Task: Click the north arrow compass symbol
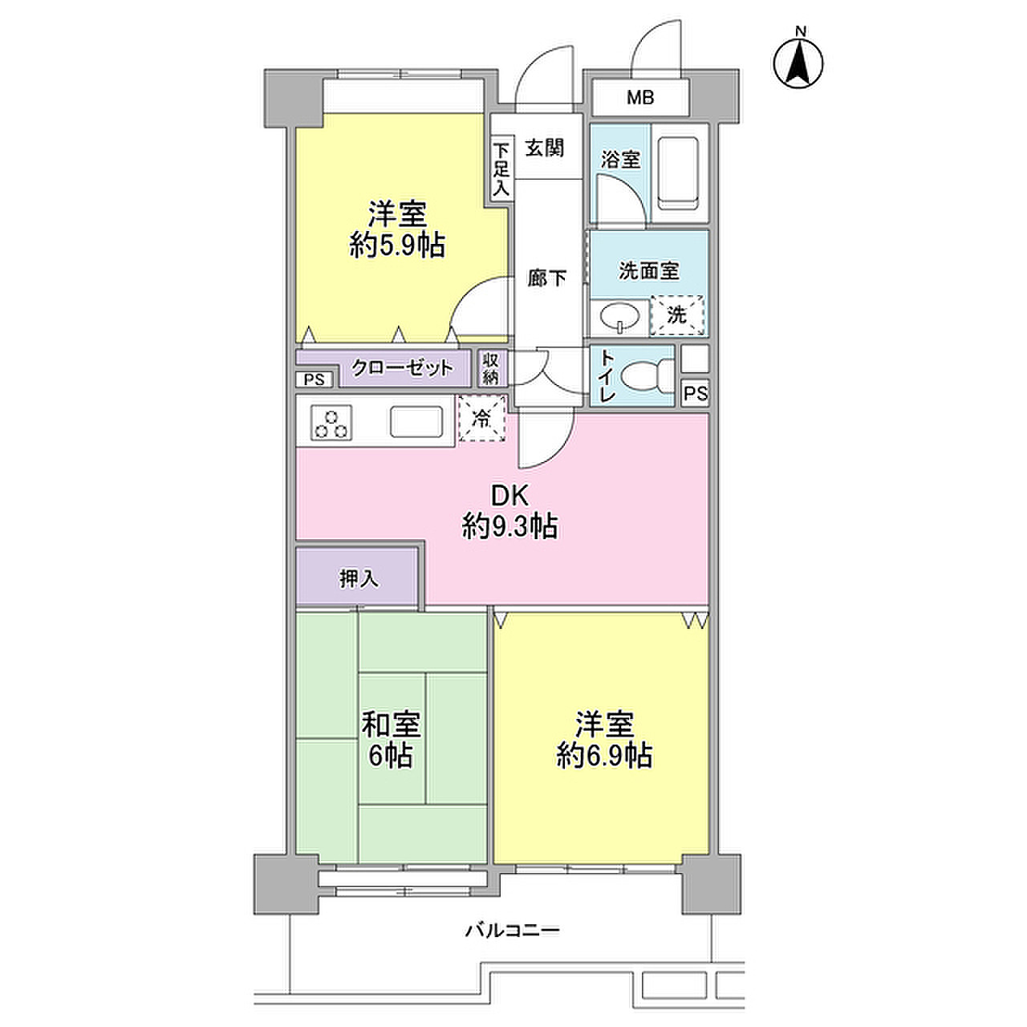[x=798, y=63]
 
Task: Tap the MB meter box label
[x=640, y=98]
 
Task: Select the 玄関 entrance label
[x=544, y=148]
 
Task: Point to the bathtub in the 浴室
[x=678, y=174]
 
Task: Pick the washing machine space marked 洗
[x=677, y=315]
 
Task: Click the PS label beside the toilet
[x=696, y=393]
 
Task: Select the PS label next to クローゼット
[x=314, y=380]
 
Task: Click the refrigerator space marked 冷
[x=481, y=418]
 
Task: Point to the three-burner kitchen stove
[x=331, y=423]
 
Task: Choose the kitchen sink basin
[x=416, y=421]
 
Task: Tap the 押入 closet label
[x=359, y=578]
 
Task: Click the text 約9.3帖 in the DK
[x=510, y=526]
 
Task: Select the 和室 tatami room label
[x=392, y=725]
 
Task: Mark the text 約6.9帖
[x=604, y=755]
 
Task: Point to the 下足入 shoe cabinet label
[x=501, y=169]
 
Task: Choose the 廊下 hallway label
[x=547, y=278]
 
